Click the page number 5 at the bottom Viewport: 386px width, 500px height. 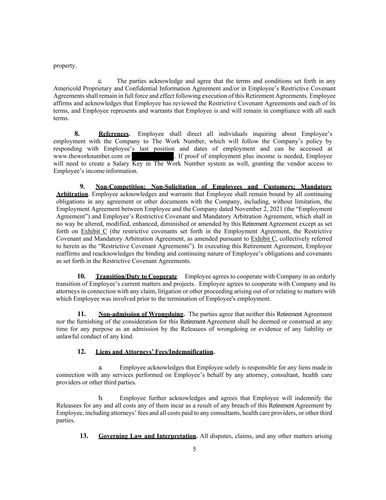point(194,449)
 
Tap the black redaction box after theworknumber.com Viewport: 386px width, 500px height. point(152,156)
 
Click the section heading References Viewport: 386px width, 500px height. point(114,134)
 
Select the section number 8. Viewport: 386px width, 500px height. point(77,134)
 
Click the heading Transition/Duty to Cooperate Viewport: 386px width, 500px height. point(136,276)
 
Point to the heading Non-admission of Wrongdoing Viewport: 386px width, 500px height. point(141,314)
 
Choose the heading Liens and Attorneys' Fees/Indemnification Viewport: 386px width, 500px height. point(154,352)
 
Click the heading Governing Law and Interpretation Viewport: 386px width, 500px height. point(147,436)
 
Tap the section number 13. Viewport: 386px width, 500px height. point(84,436)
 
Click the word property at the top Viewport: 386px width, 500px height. point(65,66)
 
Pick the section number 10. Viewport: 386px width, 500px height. point(81,276)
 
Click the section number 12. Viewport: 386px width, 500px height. point(81,352)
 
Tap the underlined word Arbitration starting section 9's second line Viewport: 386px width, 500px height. point(72,194)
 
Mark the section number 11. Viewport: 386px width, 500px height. point(81,314)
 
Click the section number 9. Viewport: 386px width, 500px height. point(82,187)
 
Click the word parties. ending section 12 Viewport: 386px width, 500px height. point(65,421)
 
